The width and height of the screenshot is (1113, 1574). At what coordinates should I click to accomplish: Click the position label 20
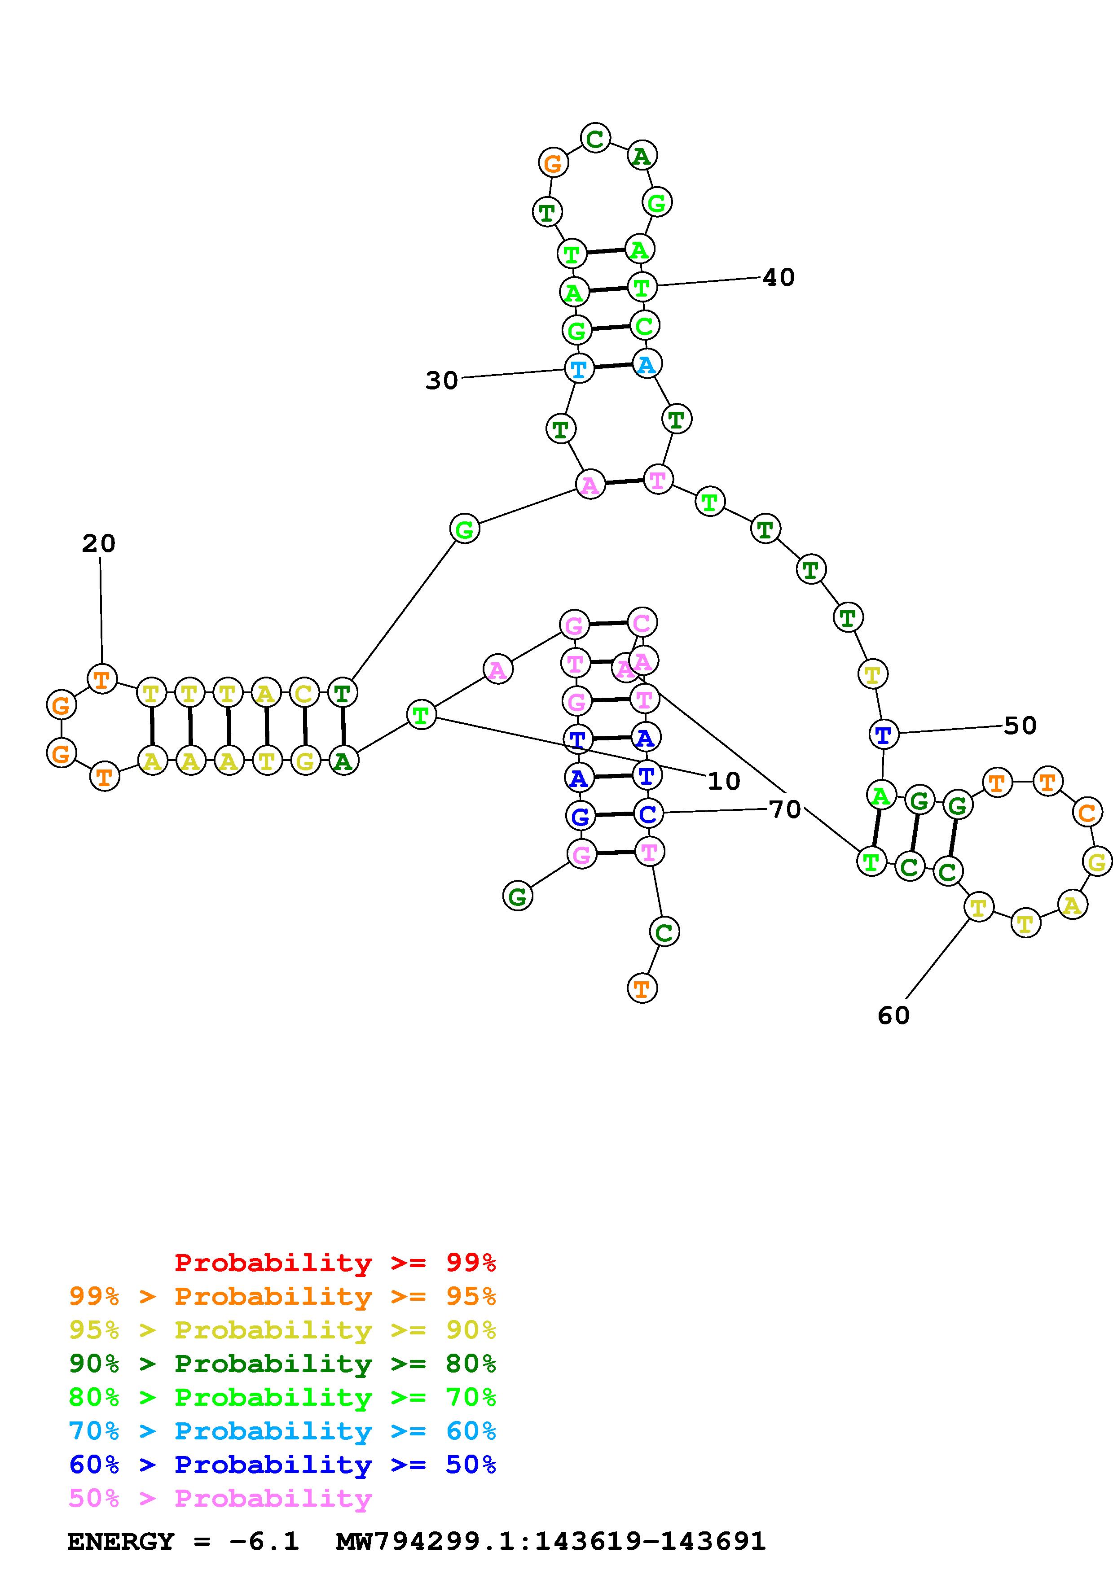click(99, 544)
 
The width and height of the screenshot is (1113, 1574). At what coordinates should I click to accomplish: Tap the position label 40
click(779, 278)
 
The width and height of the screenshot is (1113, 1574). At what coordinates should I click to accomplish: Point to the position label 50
click(1020, 725)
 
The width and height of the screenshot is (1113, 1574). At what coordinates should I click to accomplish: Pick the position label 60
click(893, 1015)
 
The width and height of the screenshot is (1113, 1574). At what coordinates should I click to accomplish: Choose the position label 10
click(723, 781)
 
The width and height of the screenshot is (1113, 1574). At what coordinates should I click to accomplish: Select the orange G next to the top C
click(553, 163)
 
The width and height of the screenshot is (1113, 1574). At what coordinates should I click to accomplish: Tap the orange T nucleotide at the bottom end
click(642, 988)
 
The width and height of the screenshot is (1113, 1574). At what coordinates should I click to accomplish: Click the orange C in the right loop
click(1087, 813)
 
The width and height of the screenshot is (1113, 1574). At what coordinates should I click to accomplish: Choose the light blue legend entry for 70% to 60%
click(282, 1431)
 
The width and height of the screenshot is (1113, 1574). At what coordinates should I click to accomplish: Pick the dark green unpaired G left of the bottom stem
click(518, 896)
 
